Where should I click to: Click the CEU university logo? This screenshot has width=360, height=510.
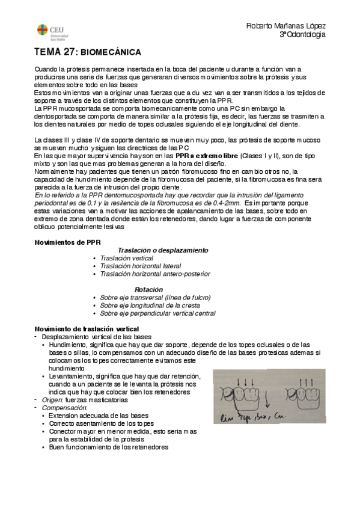pos(47,30)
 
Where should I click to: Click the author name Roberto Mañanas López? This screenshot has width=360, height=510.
pos(286,26)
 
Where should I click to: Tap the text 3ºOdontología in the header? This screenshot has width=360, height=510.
pos(302,35)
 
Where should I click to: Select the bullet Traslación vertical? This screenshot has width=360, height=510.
pos(126,257)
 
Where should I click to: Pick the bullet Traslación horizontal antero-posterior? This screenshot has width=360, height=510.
pos(155,274)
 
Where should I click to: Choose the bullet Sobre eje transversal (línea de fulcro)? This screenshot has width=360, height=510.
pos(155,297)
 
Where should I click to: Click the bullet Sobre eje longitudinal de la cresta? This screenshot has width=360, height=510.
pos(150,305)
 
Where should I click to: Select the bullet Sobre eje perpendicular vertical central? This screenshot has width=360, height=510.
pos(157,313)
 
